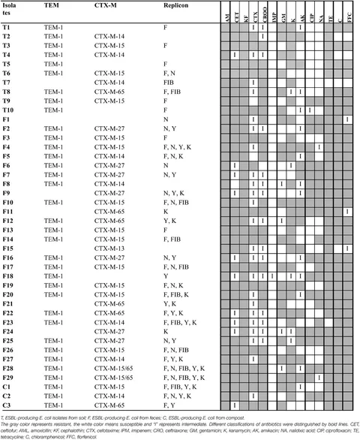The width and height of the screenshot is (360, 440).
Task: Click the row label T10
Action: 7,110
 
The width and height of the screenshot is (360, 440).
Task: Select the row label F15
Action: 7,248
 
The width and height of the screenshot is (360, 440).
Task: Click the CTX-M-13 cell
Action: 110,248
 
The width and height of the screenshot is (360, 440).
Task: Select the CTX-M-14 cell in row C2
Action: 110,396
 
